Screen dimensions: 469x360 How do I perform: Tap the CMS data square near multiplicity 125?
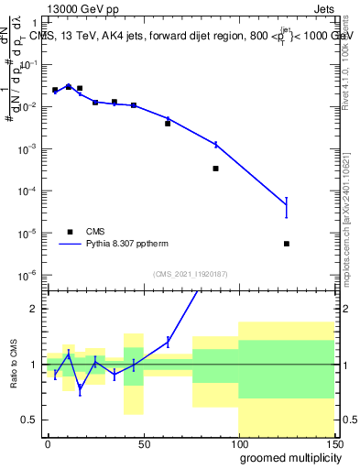coord(287,244)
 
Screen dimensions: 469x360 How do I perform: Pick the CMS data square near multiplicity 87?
coord(215,169)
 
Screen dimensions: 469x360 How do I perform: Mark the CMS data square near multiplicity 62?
coord(168,123)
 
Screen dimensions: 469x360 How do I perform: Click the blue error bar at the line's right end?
coord(287,207)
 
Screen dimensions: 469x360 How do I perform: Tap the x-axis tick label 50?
coord(143,443)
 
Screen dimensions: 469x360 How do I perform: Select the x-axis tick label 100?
coord(238,443)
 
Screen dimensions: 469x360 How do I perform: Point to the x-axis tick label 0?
coord(48,443)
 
